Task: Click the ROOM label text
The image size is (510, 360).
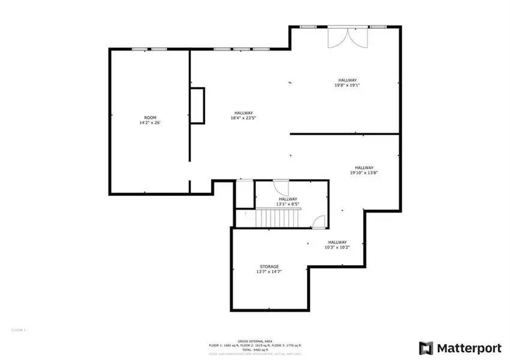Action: click(x=150, y=117)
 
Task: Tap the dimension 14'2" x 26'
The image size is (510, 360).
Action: click(x=150, y=122)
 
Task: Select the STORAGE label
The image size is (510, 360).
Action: click(x=269, y=266)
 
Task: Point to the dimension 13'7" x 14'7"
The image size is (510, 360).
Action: click(x=269, y=272)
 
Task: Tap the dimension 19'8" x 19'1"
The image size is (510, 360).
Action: click(x=347, y=85)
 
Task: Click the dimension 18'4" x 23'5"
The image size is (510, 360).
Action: click(x=243, y=118)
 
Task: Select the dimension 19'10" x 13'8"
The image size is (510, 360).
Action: click(x=364, y=173)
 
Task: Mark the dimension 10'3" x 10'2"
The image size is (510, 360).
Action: click(x=337, y=247)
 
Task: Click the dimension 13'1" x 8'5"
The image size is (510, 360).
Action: click(x=287, y=204)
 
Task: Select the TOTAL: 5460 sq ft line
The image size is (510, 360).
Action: click(x=254, y=349)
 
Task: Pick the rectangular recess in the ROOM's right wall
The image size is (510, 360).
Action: click(x=197, y=106)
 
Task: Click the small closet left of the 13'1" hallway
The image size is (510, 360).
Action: click(x=244, y=194)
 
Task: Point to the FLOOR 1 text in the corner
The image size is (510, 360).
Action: click(x=19, y=330)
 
